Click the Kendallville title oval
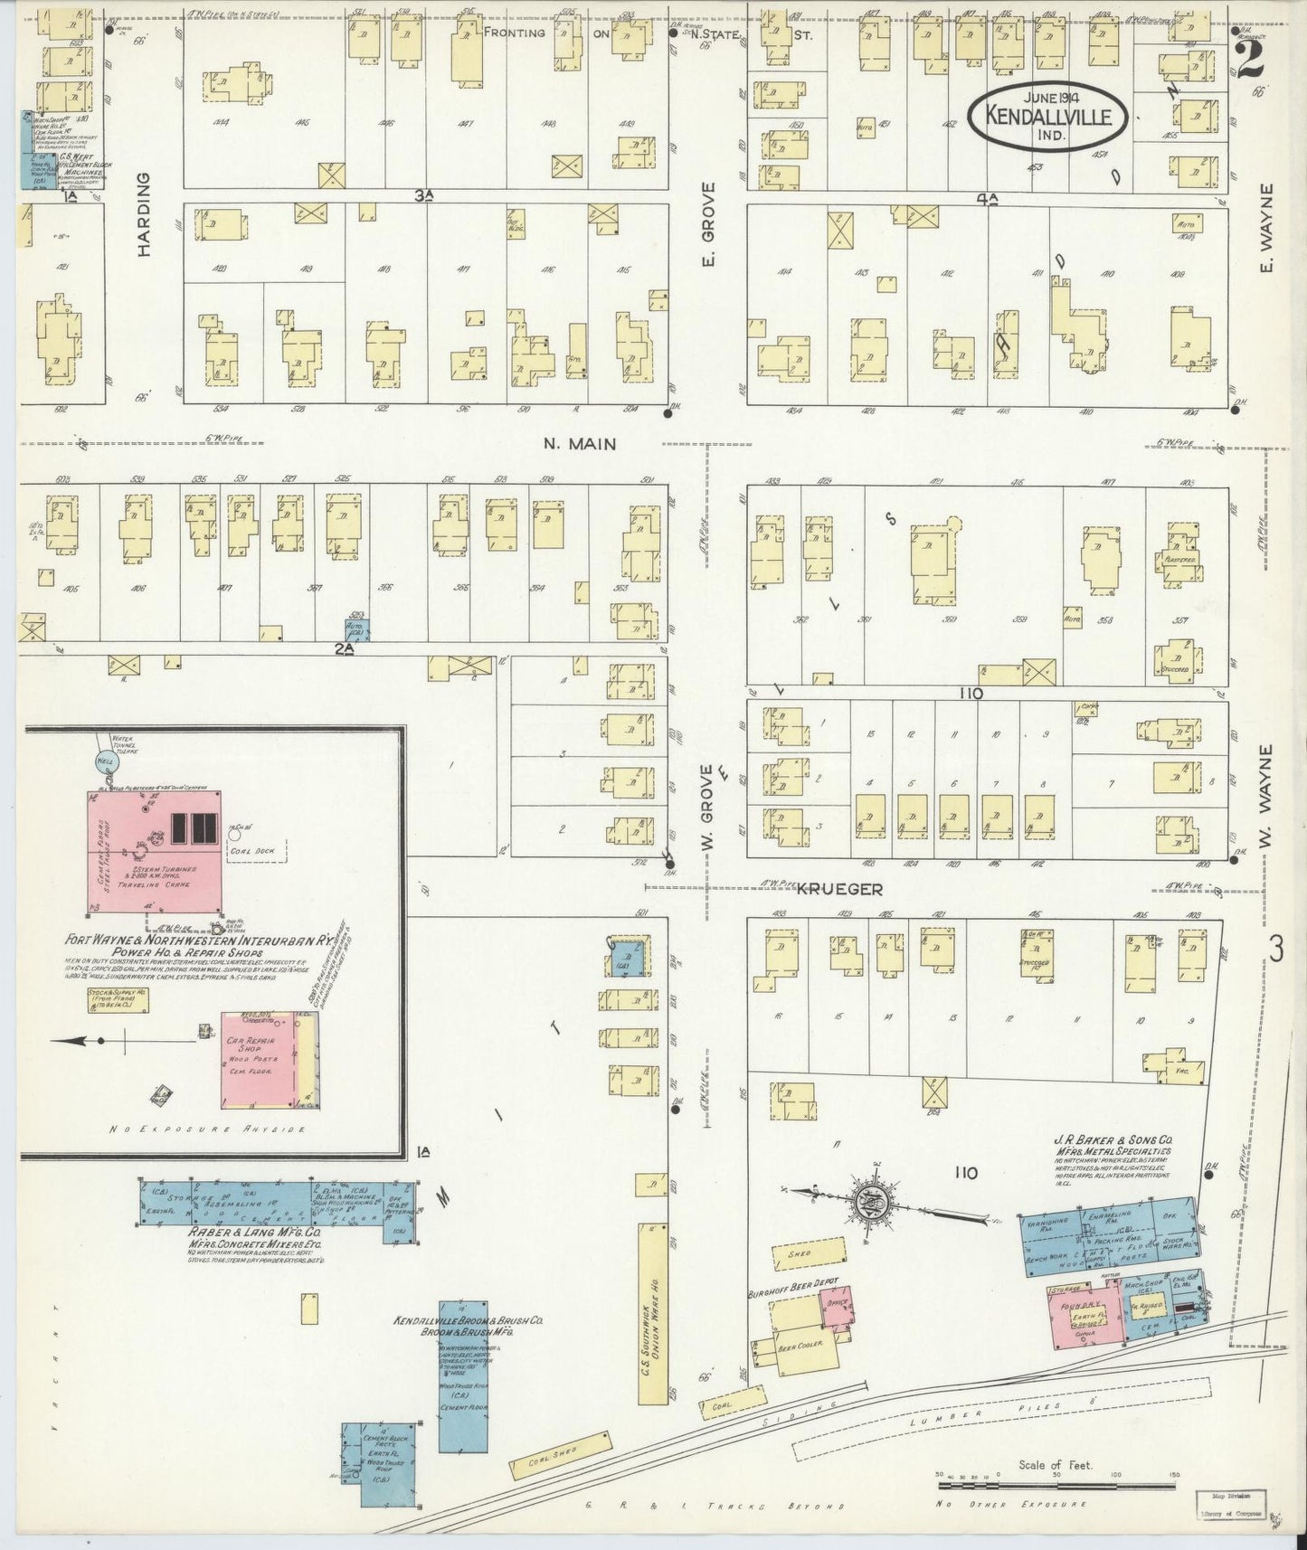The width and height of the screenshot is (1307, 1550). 1047,116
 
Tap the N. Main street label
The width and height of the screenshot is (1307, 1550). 580,444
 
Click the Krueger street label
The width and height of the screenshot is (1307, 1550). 838,890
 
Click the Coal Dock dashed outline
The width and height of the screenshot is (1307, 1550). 255,850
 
